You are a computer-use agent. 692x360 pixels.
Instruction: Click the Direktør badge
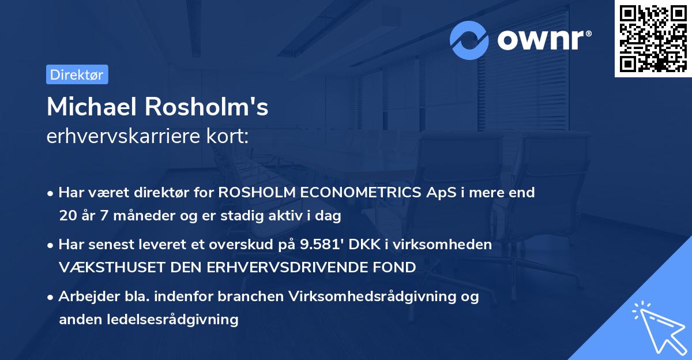point(77,74)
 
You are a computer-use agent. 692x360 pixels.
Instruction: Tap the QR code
point(653,38)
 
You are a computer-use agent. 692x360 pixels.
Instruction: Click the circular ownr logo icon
point(469,40)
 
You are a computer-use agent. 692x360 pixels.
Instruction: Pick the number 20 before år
point(67,216)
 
